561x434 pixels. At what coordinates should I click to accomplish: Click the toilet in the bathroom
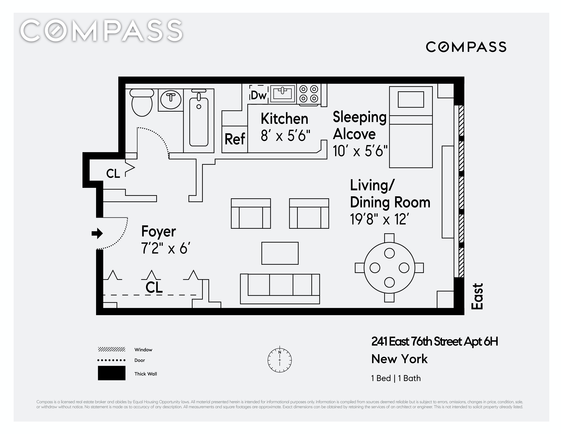142,103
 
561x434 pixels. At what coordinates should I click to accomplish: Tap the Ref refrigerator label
235,139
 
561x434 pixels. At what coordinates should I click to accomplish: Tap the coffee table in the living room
280,253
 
